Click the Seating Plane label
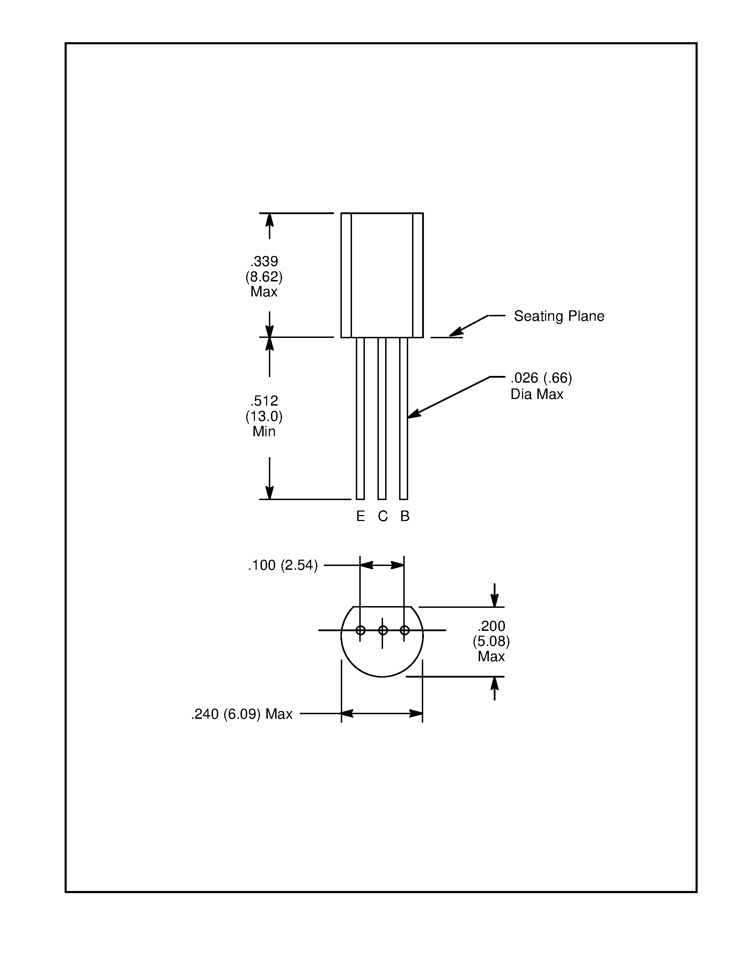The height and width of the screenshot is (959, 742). coord(559,316)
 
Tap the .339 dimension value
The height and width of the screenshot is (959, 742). coord(264,261)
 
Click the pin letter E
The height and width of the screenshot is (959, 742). coord(360,516)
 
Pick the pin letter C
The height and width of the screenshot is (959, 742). coord(382,516)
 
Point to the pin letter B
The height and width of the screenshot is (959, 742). coord(405,516)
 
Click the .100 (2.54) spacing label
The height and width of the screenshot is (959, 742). coord(282,565)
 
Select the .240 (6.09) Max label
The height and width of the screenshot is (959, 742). coord(242,715)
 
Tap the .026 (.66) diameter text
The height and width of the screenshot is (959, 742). coord(541,378)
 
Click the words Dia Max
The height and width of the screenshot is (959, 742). coord(537,394)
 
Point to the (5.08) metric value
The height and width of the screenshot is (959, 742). coord(491,642)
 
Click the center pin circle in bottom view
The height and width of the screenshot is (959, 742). coord(382,630)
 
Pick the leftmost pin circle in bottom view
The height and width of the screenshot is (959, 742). coord(360,630)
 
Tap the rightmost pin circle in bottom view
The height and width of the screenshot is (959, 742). coord(405,630)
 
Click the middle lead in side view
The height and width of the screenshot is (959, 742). coord(382,417)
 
